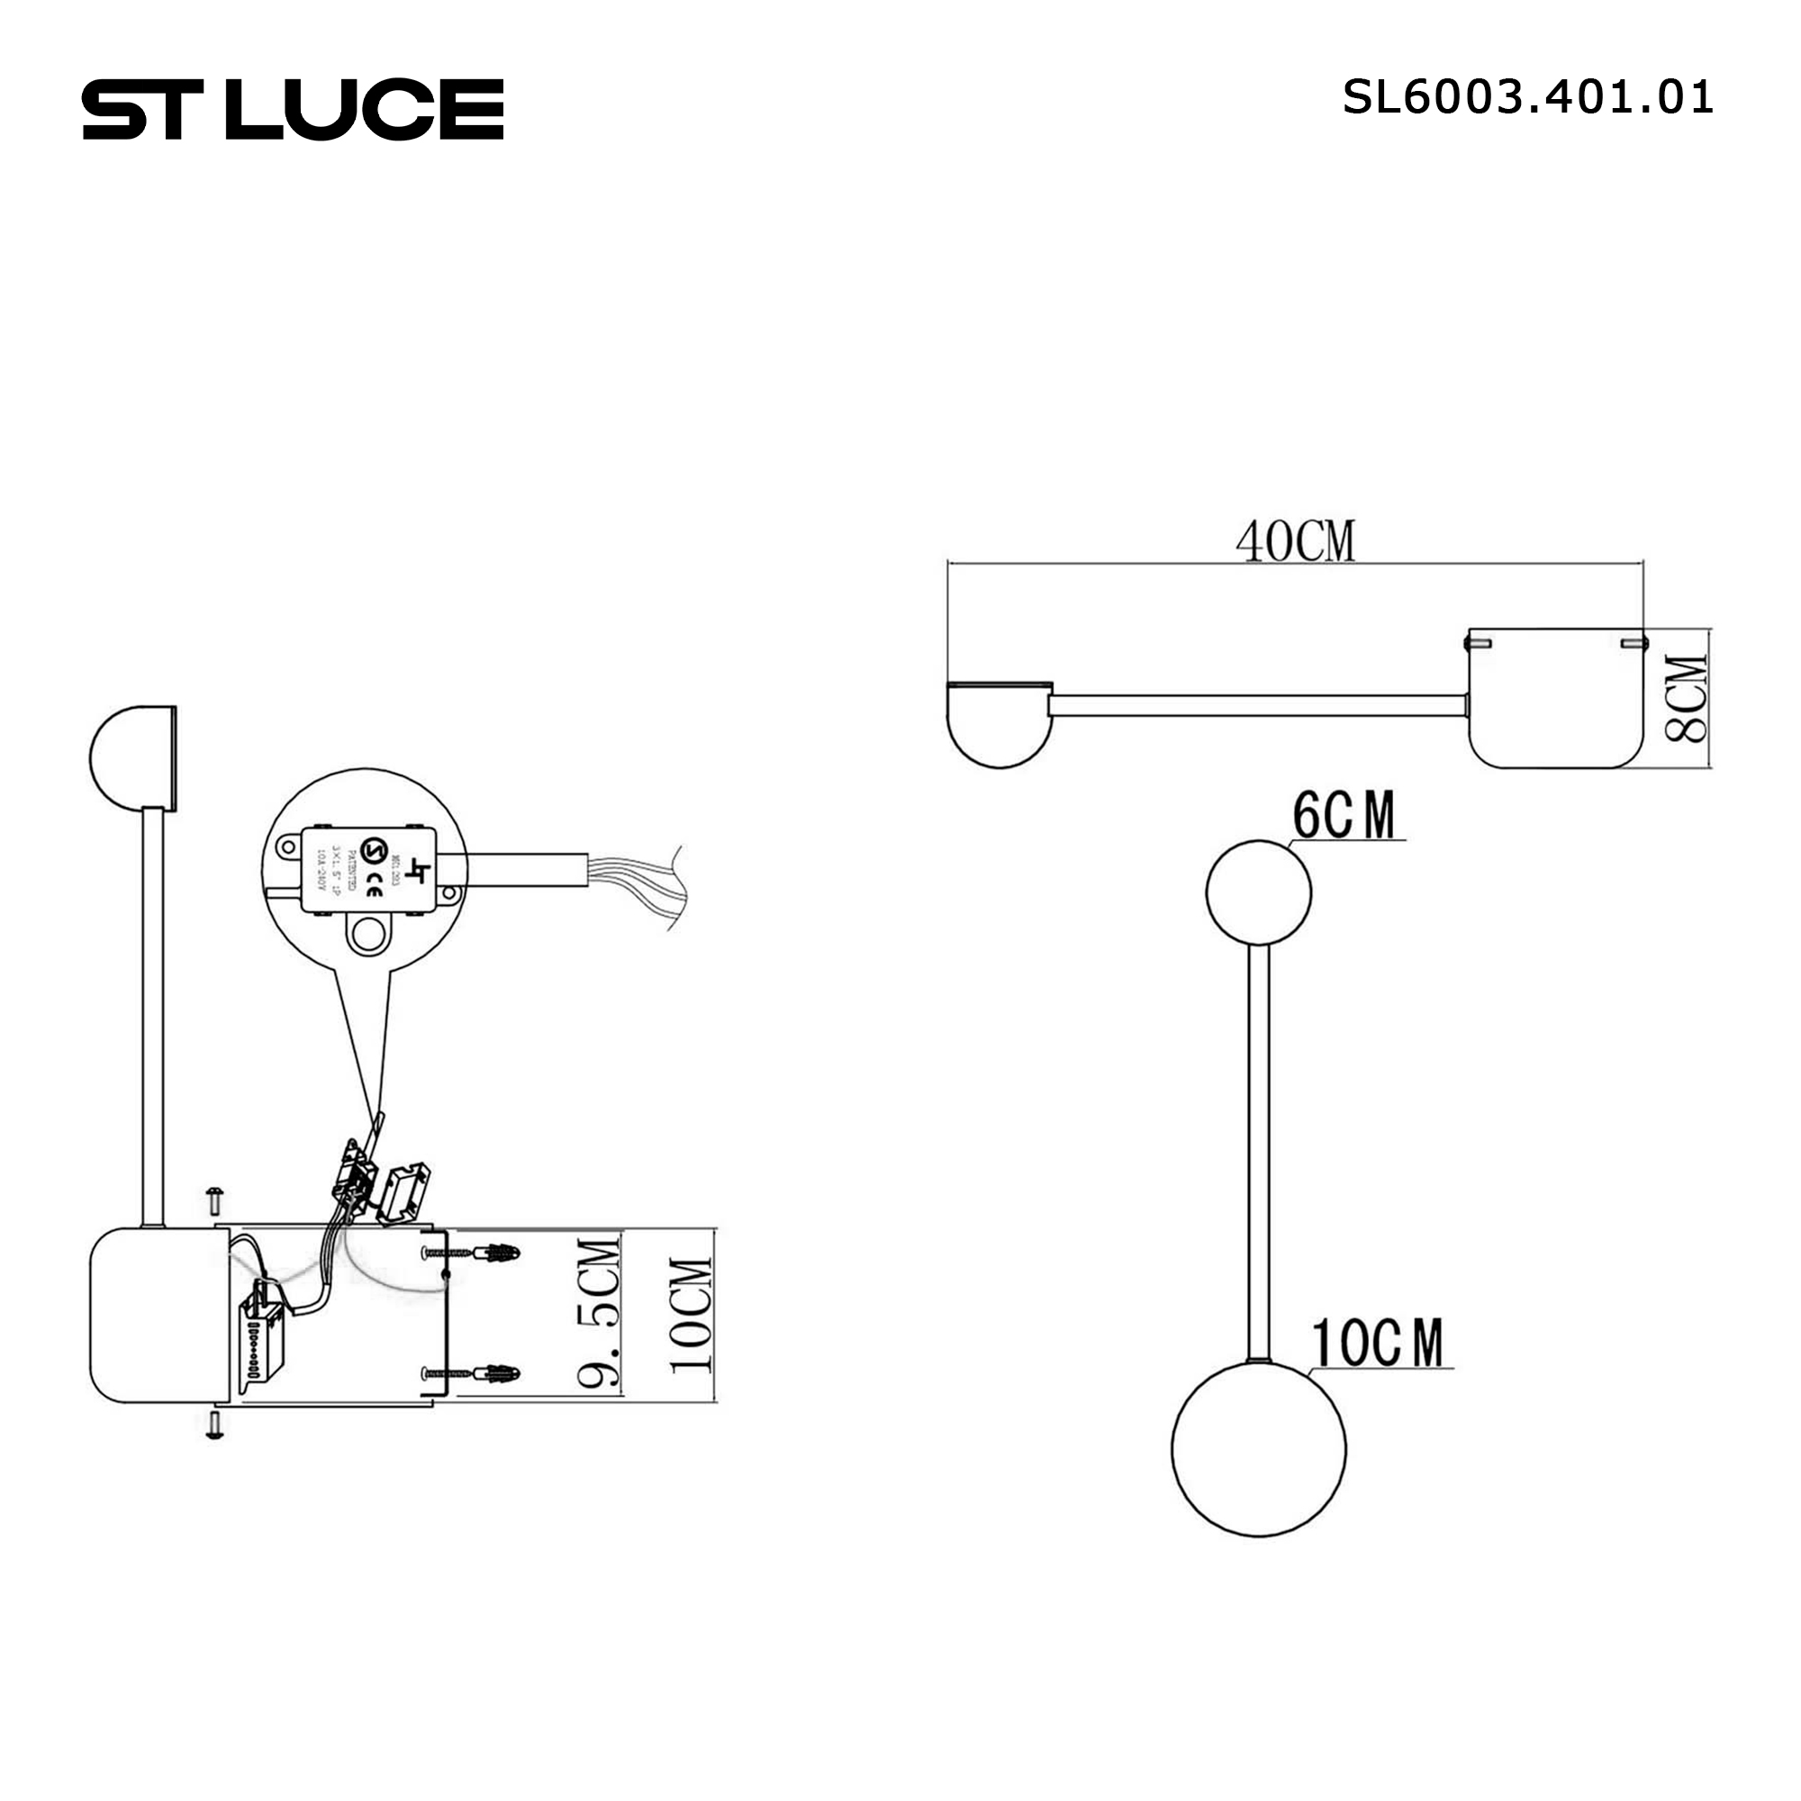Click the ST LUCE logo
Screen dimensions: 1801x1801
293,110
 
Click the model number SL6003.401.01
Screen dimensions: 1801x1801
1527,97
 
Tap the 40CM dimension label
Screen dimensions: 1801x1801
1295,541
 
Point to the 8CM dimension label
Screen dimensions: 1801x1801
1687,699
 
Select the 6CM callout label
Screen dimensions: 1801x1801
1344,815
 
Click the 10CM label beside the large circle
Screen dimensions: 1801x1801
1377,1344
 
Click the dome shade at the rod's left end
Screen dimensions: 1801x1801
999,723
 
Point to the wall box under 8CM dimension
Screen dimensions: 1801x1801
1555,699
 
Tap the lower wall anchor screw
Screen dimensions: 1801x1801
471,1373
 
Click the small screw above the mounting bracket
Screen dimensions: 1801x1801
214,1200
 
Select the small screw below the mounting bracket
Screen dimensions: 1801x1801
214,1425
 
